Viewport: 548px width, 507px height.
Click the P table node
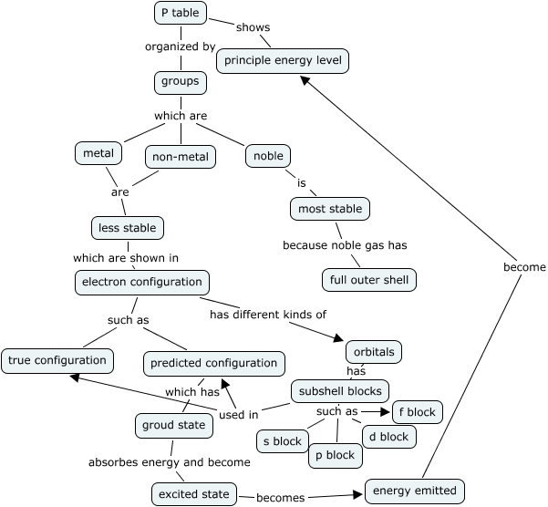coord(180,14)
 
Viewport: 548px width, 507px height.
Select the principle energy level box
coord(283,61)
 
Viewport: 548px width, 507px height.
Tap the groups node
coord(180,82)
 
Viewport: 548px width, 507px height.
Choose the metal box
coord(98,153)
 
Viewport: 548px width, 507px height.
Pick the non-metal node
coord(181,157)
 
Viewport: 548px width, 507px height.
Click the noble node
coord(268,156)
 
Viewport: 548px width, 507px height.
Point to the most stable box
coord(330,209)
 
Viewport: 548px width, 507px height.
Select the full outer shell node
coord(369,279)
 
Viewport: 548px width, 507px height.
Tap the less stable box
coord(128,227)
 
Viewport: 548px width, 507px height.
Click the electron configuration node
coord(142,283)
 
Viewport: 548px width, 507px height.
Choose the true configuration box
coord(57,360)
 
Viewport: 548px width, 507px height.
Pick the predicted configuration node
coord(214,363)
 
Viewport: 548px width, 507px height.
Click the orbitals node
coord(374,351)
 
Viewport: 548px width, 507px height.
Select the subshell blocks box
coord(340,391)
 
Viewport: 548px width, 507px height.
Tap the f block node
coord(417,412)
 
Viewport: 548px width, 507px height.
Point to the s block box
coord(281,441)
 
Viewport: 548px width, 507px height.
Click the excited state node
coord(193,494)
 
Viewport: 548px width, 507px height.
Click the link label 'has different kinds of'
coord(268,315)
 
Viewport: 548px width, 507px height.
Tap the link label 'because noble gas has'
coord(344,245)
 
